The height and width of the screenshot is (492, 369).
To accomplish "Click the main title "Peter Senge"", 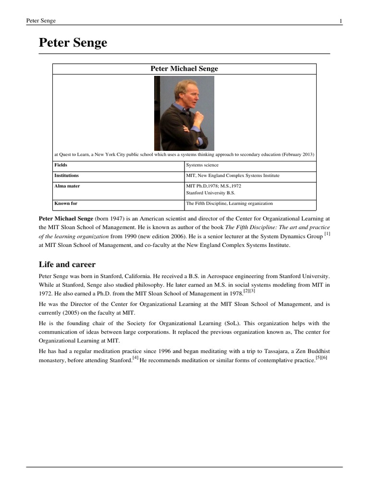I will [73, 43].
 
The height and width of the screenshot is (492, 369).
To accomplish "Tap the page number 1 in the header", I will [341, 21].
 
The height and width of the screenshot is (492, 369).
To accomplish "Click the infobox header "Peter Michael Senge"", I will [184, 69].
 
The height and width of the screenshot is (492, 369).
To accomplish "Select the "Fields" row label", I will [61, 165].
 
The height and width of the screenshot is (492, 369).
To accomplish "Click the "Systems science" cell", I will [202, 165].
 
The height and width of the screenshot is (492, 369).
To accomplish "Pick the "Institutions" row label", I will [66, 176].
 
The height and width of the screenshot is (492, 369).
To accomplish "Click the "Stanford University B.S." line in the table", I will [210, 193].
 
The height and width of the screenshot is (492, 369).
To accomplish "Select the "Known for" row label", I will [65, 204].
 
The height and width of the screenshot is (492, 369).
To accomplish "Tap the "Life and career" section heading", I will [67, 264].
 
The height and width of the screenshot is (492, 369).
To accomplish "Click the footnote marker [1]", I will [327, 234].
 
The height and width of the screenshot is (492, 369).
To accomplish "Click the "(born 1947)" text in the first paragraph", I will [110, 218].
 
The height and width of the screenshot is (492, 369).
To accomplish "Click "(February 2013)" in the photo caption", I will [297, 155].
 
